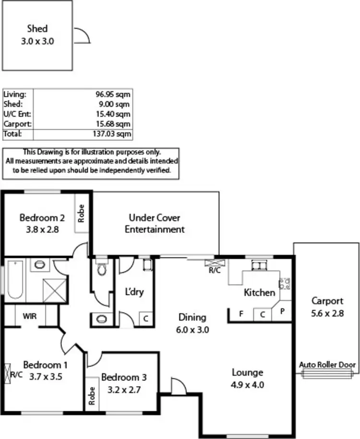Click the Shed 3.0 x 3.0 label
click(37, 35)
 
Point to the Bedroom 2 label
click(39, 223)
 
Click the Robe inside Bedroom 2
click(82, 214)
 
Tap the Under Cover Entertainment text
click(155, 224)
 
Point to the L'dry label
click(134, 292)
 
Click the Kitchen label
click(259, 293)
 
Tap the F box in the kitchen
click(240, 315)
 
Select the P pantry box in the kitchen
click(282, 312)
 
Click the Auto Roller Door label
click(328, 365)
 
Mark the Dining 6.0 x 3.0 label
click(192, 323)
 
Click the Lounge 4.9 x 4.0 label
click(247, 378)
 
